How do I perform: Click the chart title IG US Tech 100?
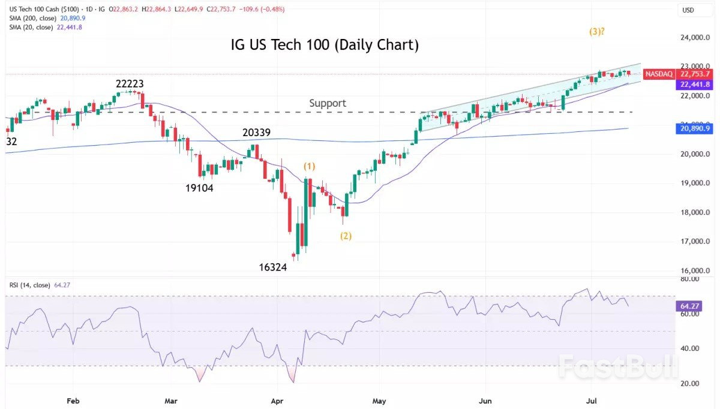[x=325, y=45]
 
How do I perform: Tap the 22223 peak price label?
[x=130, y=84]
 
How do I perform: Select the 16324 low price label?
[x=272, y=267]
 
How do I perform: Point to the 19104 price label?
[x=199, y=188]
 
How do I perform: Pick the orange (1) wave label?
[x=309, y=166]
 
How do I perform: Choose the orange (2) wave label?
[x=346, y=236]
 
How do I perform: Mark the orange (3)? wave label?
[x=596, y=31]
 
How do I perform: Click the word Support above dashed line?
[x=328, y=103]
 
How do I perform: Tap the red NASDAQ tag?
[x=658, y=74]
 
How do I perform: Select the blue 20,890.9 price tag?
[x=694, y=128]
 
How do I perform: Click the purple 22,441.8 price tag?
[x=694, y=85]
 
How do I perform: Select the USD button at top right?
[x=689, y=10]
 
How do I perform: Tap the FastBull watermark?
[x=617, y=366]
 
